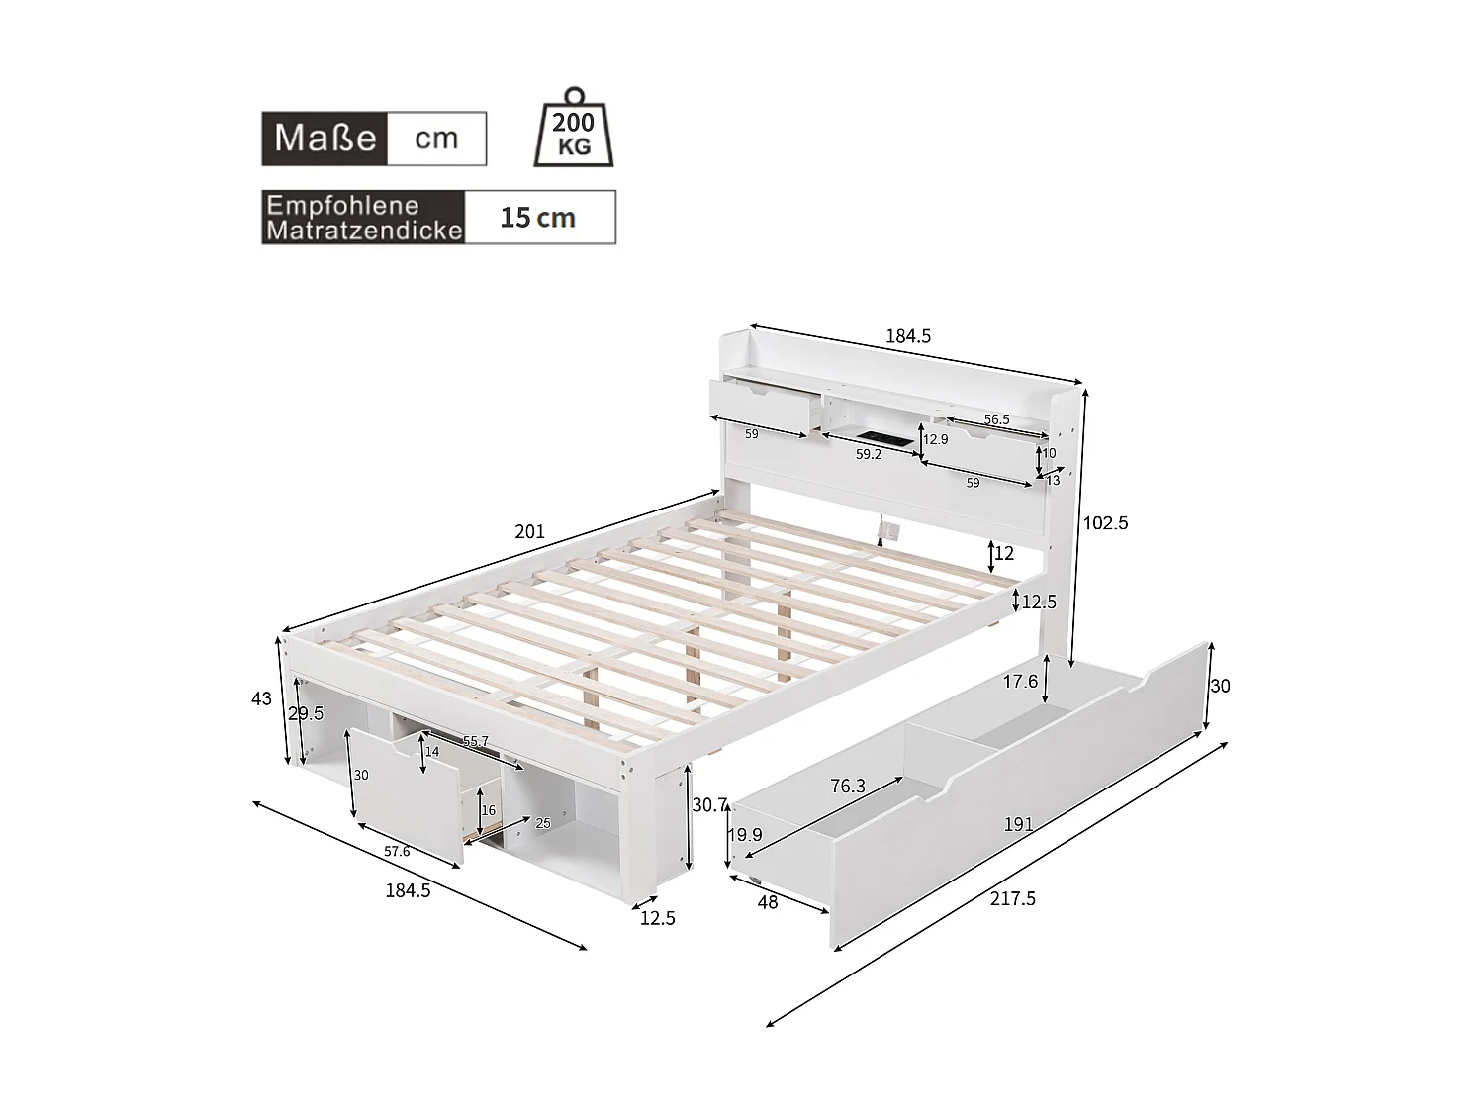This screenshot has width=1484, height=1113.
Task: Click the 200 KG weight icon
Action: coord(574,130)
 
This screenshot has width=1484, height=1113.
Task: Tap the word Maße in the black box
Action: coord(325,138)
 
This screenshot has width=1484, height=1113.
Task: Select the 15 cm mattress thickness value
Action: coord(537,218)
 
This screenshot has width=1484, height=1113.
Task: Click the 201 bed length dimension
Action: coord(529,532)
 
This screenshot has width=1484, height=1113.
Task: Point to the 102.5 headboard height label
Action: coord(1105,523)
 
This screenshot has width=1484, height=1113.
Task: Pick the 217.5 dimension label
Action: coord(1012,898)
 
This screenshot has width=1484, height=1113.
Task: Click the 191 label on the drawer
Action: coord(1018,824)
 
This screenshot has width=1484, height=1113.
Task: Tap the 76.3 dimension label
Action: coord(847,787)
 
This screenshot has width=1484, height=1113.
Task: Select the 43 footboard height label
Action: coord(261,699)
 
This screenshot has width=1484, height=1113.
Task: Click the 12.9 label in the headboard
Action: coord(935,439)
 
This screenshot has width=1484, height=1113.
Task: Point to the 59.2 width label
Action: coord(868,455)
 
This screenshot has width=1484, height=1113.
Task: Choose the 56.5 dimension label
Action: coord(996,419)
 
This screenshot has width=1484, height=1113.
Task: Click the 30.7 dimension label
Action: coord(709,805)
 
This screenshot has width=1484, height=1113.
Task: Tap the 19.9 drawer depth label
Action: coord(745,835)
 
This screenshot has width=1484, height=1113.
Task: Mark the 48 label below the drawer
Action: coord(767,902)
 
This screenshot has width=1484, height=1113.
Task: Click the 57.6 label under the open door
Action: coord(396,852)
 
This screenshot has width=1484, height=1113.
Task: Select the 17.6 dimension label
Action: coord(1020,682)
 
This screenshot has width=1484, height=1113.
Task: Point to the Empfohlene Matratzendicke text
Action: coord(364,218)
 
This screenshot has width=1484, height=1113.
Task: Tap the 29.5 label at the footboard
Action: coord(306,714)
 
